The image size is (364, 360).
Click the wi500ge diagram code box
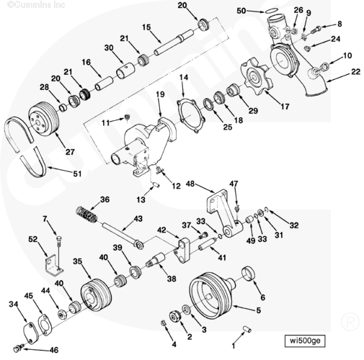(x=305, y=341)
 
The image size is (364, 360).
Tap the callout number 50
(x=241, y=11)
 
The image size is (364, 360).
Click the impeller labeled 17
(x=257, y=76)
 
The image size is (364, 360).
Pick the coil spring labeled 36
(x=86, y=214)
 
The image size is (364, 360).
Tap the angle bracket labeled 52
(x=54, y=265)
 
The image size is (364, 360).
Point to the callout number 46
(x=54, y=350)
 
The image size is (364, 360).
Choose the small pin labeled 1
(x=247, y=328)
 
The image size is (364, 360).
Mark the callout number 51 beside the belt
(x=77, y=174)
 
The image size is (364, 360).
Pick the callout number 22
(x=356, y=71)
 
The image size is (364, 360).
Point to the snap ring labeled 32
(x=266, y=210)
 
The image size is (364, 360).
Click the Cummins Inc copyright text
(x=36, y=4)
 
